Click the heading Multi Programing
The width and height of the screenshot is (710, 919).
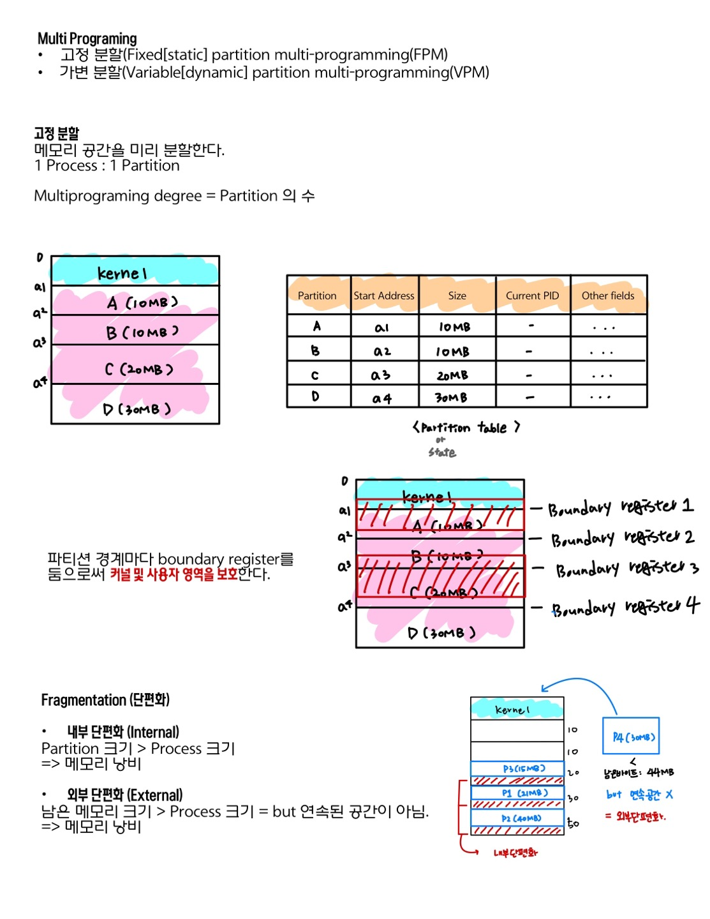point(87,39)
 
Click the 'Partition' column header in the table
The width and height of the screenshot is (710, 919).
point(317,295)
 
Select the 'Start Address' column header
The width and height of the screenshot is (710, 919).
point(384,295)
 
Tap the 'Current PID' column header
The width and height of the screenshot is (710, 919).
point(532,295)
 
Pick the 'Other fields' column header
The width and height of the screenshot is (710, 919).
point(608,295)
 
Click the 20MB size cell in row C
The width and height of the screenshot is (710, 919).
point(452,375)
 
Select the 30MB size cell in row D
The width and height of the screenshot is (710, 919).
point(451,398)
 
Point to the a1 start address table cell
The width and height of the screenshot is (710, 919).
point(381,328)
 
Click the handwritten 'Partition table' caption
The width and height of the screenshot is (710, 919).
point(466,428)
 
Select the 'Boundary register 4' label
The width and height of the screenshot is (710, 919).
point(625,608)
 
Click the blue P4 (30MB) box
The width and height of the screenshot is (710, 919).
point(632,736)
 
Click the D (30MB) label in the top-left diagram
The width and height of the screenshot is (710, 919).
point(137,409)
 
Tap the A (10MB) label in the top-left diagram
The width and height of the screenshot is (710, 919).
point(142,303)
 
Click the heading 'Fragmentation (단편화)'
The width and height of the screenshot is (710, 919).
point(105,700)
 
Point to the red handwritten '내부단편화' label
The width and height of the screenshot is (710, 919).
point(515,853)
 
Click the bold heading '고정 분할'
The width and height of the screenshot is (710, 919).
point(57,133)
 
